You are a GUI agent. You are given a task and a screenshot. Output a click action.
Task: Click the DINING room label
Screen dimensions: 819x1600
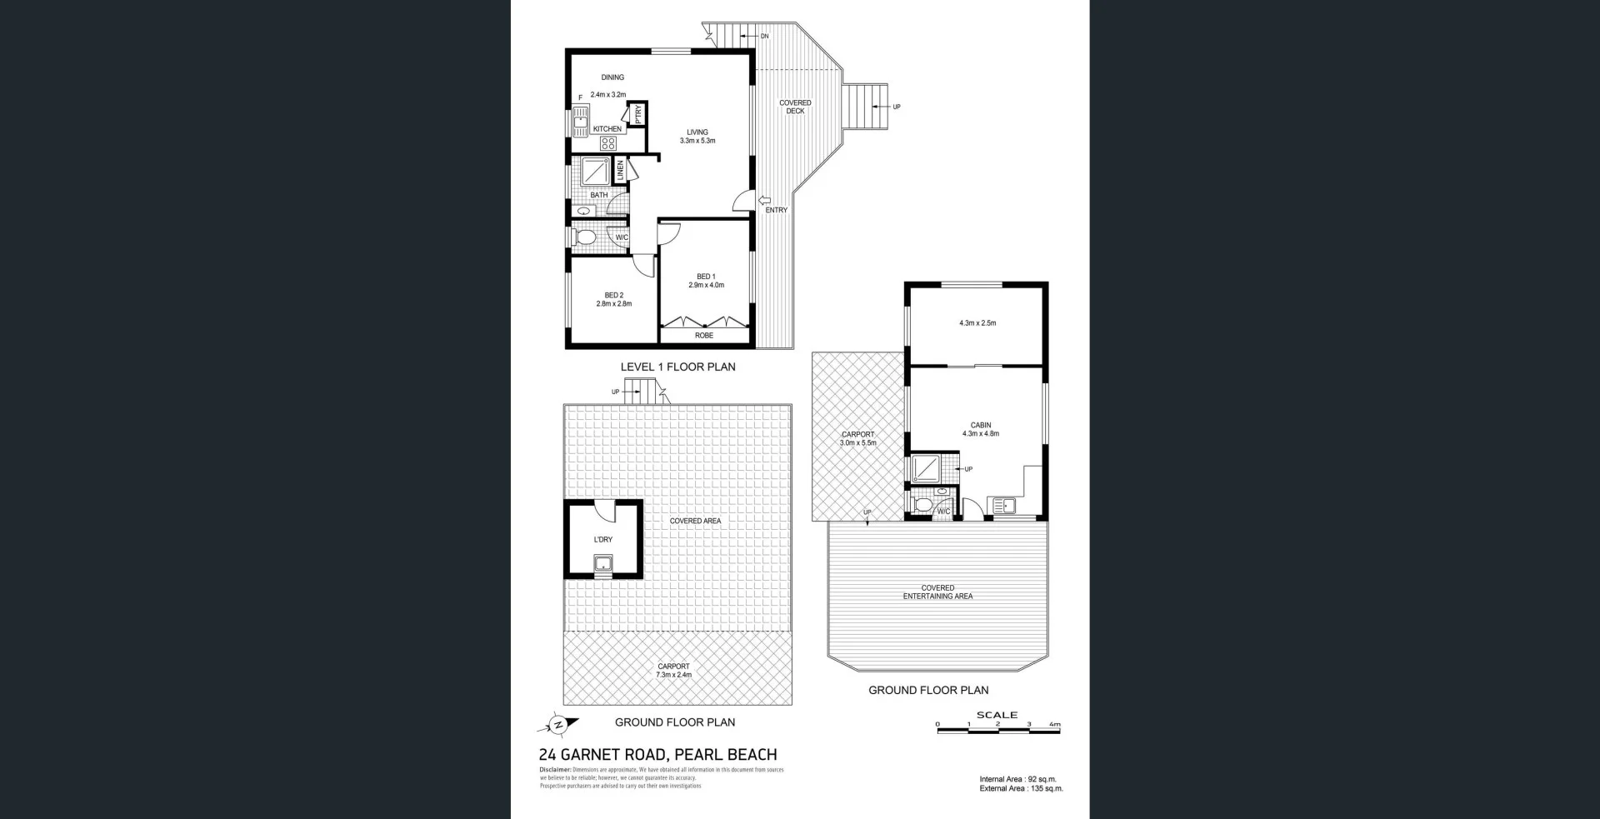[612, 77]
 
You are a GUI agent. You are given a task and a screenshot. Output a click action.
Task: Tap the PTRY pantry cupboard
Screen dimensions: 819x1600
[638, 114]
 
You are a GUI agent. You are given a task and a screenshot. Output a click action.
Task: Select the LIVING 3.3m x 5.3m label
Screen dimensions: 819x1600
[697, 137]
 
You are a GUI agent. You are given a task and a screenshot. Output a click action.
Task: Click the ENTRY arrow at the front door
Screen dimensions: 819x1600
[764, 200]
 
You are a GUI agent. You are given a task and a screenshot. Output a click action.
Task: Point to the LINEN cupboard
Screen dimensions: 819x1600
[620, 171]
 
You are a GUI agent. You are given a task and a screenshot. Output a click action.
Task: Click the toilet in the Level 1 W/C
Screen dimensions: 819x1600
[585, 237]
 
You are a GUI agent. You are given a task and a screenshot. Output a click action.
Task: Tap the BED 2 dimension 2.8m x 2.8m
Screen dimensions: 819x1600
[613, 304]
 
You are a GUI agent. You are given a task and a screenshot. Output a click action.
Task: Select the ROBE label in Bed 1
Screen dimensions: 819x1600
[704, 336]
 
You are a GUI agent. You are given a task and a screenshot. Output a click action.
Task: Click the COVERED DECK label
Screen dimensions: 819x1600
[795, 107]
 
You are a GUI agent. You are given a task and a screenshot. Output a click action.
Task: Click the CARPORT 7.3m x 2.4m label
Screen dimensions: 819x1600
[673, 671]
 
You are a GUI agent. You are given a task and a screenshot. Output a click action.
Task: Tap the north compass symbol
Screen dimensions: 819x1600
[558, 725]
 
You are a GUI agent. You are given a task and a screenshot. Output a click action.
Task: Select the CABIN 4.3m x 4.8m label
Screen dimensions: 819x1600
[981, 429]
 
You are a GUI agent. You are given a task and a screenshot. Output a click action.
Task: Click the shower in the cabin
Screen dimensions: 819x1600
[926, 469]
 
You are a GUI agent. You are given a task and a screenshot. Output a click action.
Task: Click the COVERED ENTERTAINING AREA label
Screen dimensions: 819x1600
[937, 592]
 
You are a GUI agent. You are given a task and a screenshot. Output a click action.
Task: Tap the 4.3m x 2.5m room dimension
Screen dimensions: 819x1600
[977, 322]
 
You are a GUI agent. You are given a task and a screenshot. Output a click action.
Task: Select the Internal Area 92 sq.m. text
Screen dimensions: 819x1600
[1017, 779]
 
